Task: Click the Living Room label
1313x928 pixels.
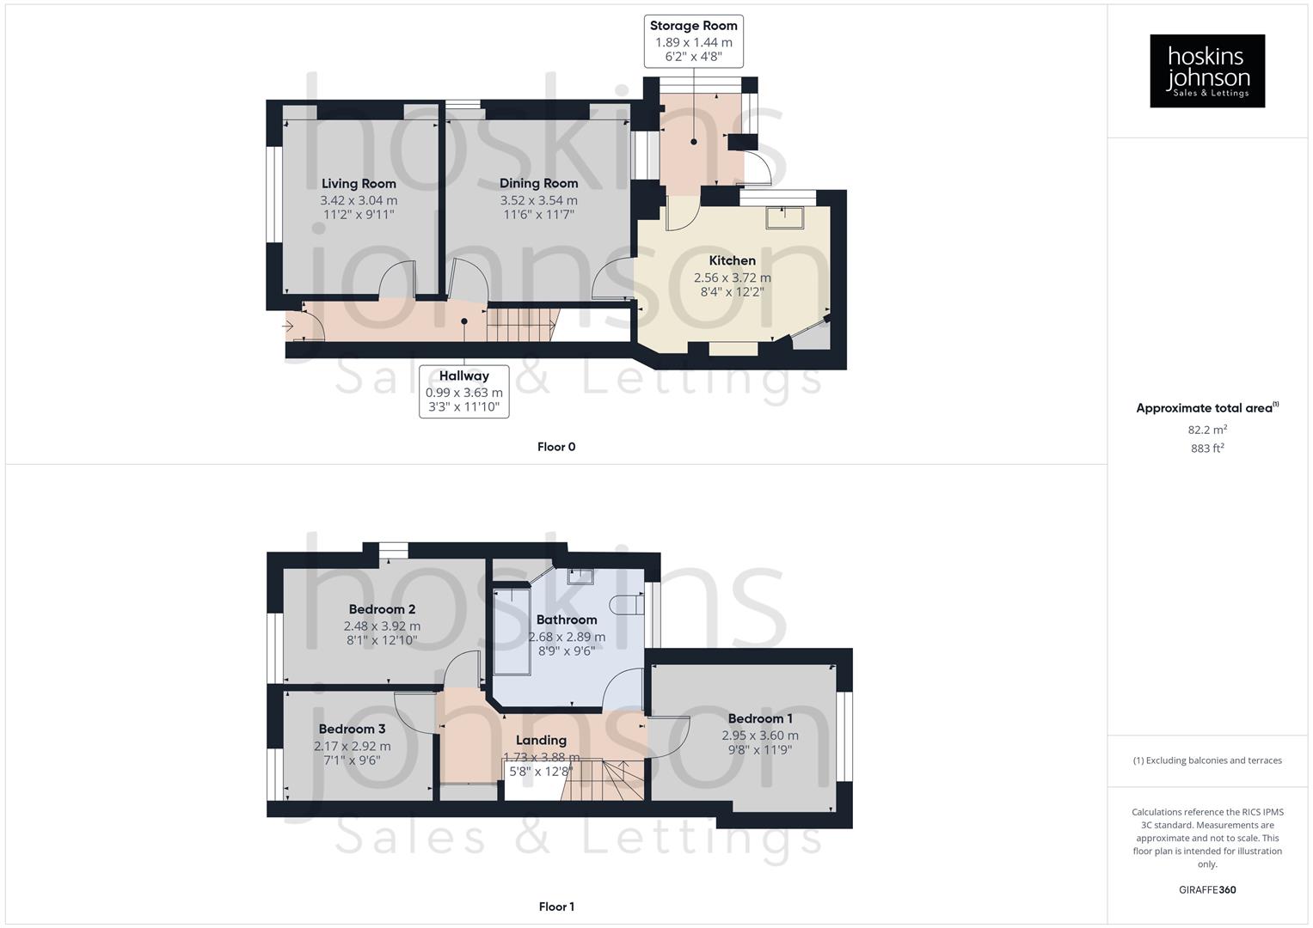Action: coord(359,183)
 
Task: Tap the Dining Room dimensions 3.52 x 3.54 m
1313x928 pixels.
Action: coord(538,200)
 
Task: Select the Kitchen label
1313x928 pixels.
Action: coord(732,260)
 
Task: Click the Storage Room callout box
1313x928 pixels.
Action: coord(693,41)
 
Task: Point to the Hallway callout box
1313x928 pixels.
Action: coord(463,392)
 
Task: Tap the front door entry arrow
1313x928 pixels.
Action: coord(288,326)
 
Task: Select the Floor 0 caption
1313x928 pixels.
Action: coord(556,447)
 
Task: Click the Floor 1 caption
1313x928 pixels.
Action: coord(556,907)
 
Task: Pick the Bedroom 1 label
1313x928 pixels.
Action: coord(760,718)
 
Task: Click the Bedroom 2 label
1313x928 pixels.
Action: coord(382,609)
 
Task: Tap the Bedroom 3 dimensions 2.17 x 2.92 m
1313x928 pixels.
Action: coord(352,746)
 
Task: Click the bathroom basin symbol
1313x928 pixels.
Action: coord(580,576)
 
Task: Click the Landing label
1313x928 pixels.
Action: coord(541,740)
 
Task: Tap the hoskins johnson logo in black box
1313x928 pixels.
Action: coord(1206,71)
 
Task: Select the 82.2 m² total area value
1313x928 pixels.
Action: coord(1207,430)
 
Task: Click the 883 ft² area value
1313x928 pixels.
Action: coord(1207,449)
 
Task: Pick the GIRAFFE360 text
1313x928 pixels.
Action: coord(1207,889)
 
